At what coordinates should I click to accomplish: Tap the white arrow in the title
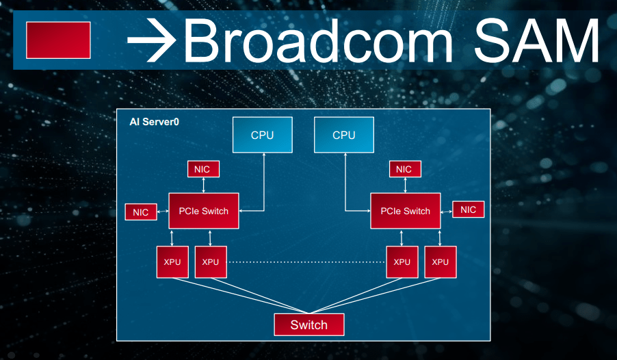152,40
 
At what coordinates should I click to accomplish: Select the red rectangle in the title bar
58,40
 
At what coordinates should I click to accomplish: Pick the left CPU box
262,135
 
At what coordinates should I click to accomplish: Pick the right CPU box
343,135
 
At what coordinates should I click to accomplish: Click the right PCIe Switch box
406,211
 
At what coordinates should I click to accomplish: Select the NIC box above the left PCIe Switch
203,168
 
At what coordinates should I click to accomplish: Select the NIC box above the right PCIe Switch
404,168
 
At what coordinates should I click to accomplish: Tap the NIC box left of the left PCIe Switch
141,212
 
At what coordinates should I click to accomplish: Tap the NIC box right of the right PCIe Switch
469,209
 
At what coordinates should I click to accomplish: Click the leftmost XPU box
172,262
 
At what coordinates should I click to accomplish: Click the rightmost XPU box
440,262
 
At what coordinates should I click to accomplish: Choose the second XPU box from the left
211,262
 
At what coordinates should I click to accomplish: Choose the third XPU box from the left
402,262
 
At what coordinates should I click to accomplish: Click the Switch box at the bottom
309,324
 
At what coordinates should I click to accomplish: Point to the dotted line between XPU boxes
306,262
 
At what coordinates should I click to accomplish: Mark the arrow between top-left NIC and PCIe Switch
203,185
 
